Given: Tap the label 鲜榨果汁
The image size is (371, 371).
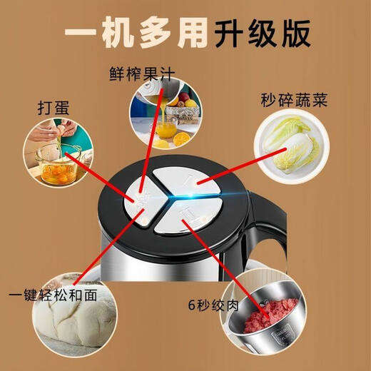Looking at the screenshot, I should coord(141,73).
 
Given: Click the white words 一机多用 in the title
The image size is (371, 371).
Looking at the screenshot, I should coord(136,35).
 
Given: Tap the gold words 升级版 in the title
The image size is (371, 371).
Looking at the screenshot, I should coord(261,35).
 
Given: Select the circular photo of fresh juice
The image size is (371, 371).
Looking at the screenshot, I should coord(166,113).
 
